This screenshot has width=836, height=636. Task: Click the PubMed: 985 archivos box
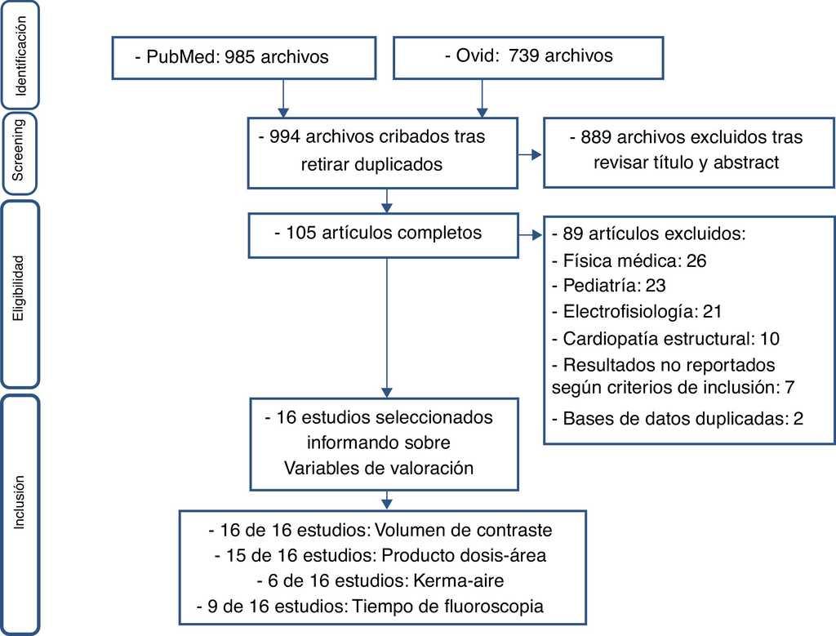pos(243,58)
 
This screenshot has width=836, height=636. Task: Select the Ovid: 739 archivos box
pos(528,58)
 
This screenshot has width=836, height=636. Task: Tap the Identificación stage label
pos(20,56)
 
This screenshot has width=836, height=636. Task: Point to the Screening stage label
pos(18,149)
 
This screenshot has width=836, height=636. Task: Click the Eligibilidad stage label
pos(19,288)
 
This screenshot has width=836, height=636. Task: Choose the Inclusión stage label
pos(20,502)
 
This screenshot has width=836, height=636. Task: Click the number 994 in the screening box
pos(285,136)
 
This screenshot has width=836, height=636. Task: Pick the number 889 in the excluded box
pos(596,137)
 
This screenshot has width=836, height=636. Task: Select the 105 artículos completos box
pos(384,236)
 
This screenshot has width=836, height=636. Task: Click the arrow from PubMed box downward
pos(283,98)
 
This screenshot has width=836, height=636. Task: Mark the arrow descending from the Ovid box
pos(482,98)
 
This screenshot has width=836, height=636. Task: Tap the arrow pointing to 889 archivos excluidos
pos(530,154)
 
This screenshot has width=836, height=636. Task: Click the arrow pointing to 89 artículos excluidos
pos(530,235)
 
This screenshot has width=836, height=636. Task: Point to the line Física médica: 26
pos(629,260)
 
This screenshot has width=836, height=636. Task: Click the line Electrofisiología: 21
pos(637,311)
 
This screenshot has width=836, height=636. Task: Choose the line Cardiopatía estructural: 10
pos(666,339)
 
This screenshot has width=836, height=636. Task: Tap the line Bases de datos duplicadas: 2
pos(678,419)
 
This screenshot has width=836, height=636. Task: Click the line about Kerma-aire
pos(380,580)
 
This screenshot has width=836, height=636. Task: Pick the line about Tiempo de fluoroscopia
pos(370,606)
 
